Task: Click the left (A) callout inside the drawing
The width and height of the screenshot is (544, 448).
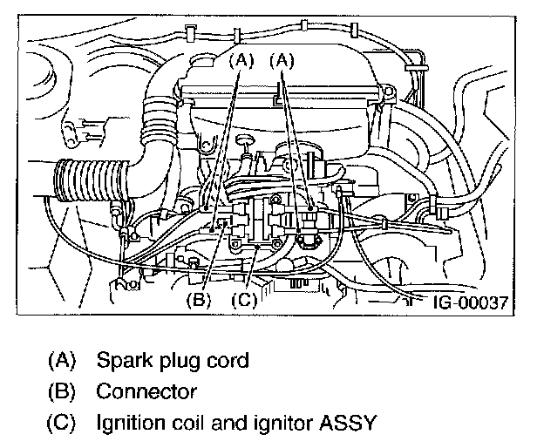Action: point(241,61)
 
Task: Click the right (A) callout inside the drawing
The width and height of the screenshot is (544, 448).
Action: point(282,61)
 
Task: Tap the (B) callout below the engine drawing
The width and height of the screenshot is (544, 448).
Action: point(199,299)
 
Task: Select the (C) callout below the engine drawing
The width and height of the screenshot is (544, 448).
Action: point(244,299)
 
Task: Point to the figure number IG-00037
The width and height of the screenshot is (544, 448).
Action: point(471,302)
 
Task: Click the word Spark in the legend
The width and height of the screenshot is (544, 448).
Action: point(124,361)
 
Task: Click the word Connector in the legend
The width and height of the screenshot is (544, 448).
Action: point(146,392)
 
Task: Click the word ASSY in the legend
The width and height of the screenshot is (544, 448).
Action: point(348,423)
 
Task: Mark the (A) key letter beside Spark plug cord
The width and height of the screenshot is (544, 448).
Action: point(61,361)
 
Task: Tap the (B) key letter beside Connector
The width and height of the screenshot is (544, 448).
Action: point(61,392)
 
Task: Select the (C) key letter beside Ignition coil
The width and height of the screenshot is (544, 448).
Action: point(61,423)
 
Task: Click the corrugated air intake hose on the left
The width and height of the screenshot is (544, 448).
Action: point(91,180)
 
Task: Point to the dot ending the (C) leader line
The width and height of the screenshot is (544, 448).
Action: point(256,247)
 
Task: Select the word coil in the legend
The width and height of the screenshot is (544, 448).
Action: point(187,423)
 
